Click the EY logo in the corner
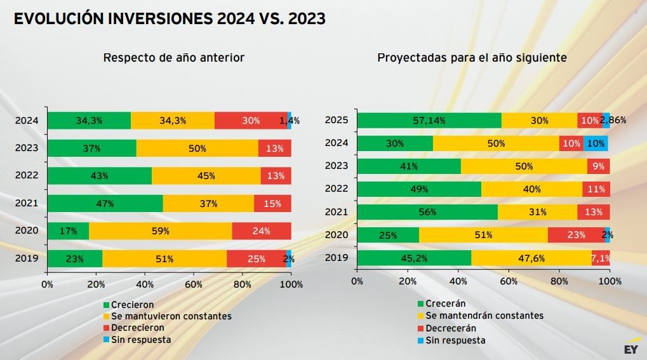click(630, 349)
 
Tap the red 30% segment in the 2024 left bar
click(251, 121)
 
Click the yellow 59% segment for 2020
click(160, 231)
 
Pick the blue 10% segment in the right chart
click(596, 143)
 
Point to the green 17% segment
click(68, 231)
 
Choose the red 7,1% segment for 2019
click(601, 258)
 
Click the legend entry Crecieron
click(132, 305)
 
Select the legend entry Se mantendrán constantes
click(484, 316)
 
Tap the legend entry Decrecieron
click(137, 328)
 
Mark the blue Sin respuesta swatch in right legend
click(420, 341)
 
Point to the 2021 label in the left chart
click(27, 204)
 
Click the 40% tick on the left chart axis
click(144, 284)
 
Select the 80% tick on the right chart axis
click(559, 281)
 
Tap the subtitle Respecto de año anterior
click(173, 58)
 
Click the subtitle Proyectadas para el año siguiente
click(472, 58)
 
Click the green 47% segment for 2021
click(105, 204)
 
